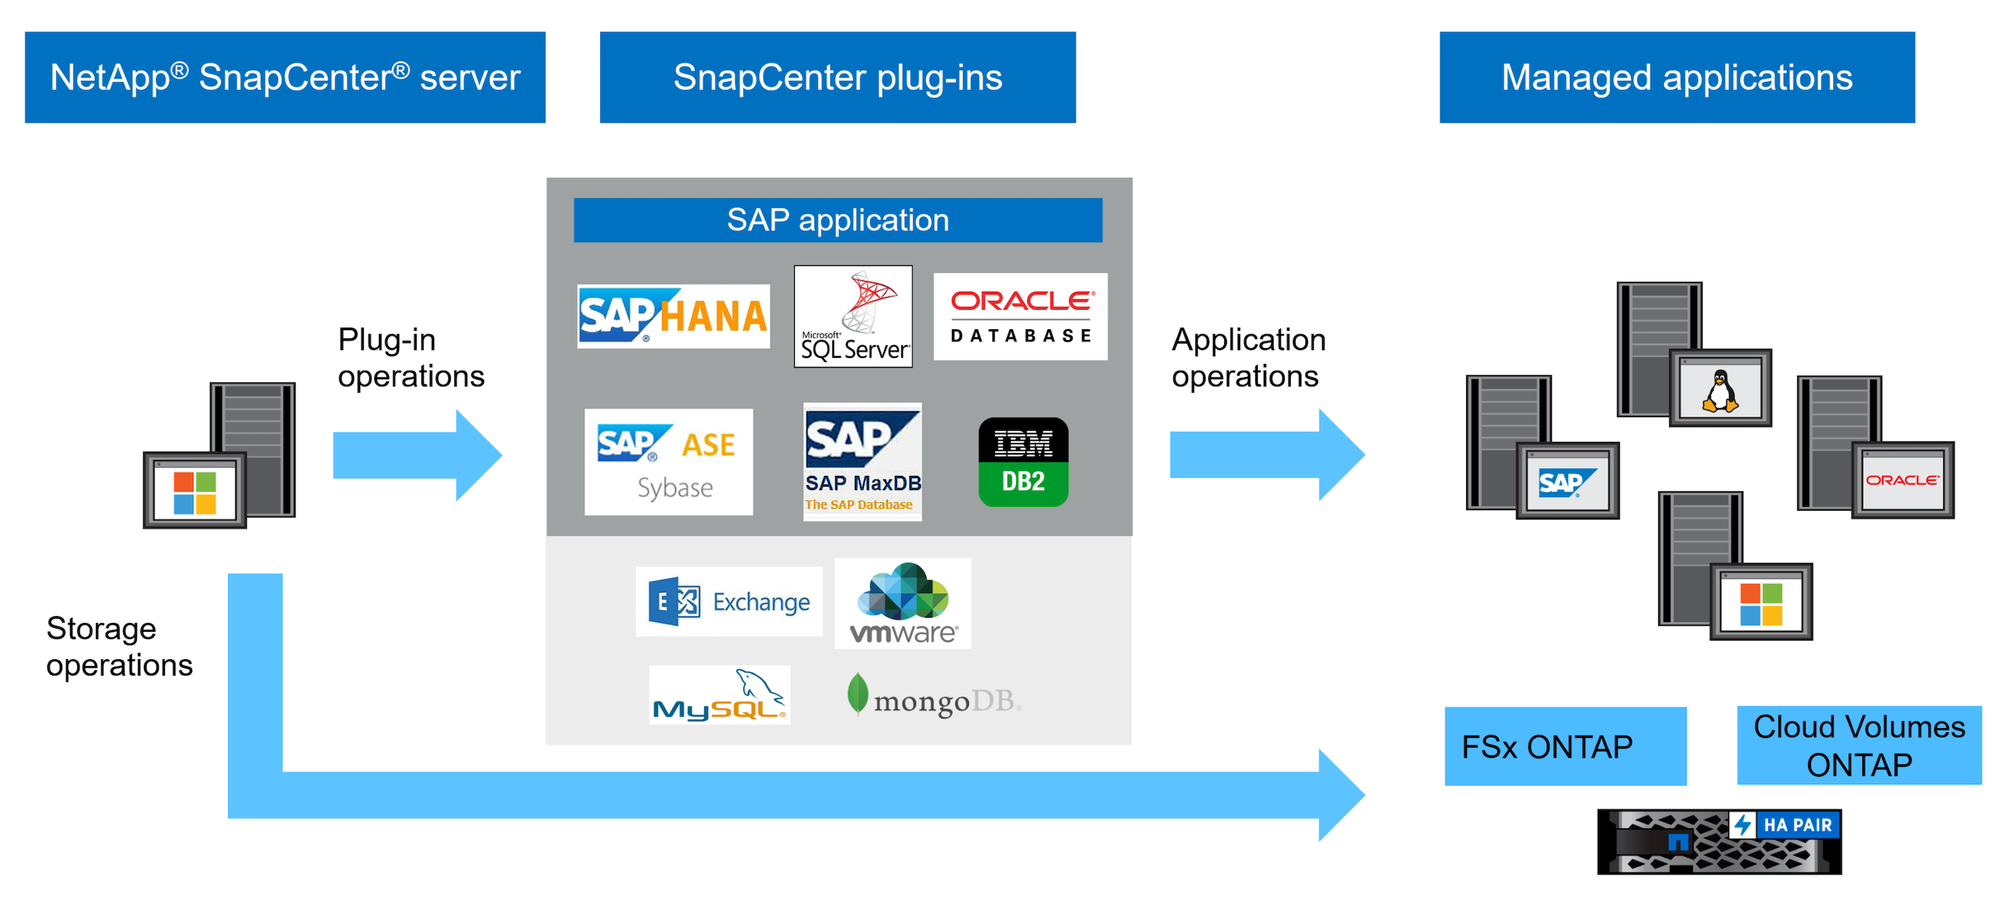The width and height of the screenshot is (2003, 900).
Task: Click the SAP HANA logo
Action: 673,316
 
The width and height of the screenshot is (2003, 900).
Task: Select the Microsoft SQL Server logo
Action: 853,317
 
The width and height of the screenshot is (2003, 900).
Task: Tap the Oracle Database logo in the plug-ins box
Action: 1020,317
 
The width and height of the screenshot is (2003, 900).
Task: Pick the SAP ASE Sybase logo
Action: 668,462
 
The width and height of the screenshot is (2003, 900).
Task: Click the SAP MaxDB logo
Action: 862,461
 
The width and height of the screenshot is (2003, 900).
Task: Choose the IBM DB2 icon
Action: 1023,462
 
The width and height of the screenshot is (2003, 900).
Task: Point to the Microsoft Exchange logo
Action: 729,601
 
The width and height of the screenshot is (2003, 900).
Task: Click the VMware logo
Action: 903,603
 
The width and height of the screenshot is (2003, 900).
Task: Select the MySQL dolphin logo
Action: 719,695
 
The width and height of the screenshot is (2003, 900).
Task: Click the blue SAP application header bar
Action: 837,220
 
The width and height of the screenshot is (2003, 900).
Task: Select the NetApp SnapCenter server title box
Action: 284,77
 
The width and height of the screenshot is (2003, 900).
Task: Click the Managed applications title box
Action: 1676,77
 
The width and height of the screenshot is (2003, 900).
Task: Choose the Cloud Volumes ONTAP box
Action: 1858,745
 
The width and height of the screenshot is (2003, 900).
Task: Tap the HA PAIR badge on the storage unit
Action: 1786,825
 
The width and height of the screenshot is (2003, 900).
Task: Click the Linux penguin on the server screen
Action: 1720,390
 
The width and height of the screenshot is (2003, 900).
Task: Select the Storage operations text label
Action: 119,647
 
